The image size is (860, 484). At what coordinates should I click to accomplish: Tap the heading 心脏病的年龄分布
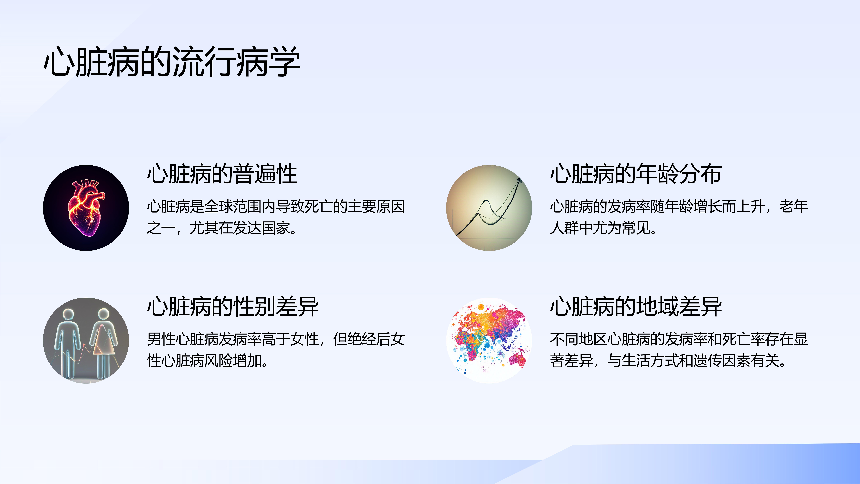(636, 174)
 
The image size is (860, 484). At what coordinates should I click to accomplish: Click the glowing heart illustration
(86, 208)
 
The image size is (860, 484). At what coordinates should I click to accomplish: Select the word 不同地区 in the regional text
(579, 339)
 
